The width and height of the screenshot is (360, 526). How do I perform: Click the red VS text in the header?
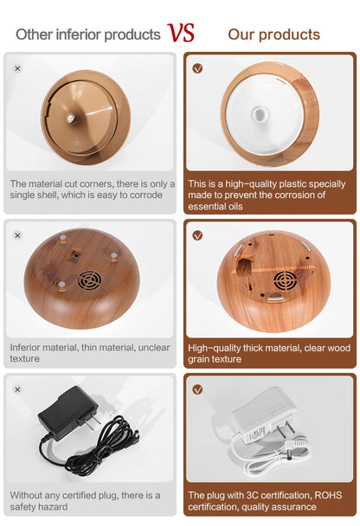click(181, 33)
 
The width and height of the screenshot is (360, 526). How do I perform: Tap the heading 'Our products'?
click(273, 35)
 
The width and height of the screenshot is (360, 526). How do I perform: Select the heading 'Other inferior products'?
click(87, 35)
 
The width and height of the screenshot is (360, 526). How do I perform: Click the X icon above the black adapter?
click(18, 389)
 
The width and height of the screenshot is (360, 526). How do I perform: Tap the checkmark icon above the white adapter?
click(197, 389)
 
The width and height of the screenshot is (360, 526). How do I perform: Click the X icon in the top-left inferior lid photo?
click(18, 68)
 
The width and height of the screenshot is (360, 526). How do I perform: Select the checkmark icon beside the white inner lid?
click(197, 68)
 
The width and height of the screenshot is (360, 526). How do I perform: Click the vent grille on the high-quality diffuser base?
click(285, 280)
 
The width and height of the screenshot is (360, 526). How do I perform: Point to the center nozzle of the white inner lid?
click(257, 113)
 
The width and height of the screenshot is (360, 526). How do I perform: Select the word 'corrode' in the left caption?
click(143, 196)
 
